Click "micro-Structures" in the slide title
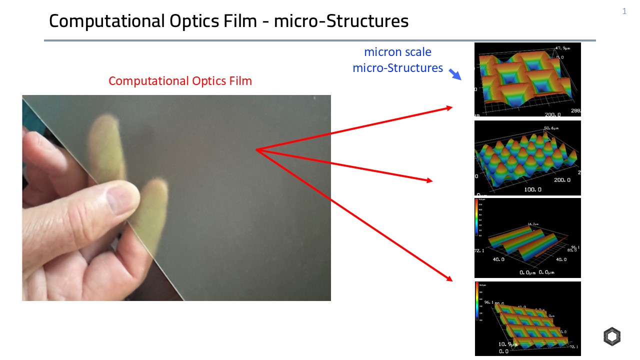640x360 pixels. point(341,21)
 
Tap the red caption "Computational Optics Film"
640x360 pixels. point(180,81)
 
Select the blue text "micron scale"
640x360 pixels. point(397,52)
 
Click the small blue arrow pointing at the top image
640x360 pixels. point(455,74)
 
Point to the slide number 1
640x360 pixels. point(624,11)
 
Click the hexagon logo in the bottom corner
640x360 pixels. point(611,337)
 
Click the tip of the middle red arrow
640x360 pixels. point(432,181)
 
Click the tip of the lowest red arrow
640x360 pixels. point(452,280)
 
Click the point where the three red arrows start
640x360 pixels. point(256,149)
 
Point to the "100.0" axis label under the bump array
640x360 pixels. point(533,189)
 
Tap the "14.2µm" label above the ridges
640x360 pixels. point(533,224)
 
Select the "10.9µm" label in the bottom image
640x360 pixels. point(508,344)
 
